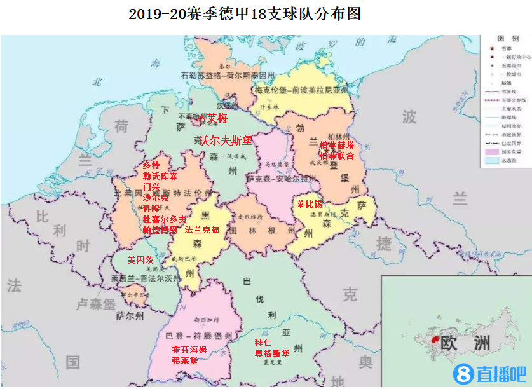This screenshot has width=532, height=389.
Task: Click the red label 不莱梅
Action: pos(213,119)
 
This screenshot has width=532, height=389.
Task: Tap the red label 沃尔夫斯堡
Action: pos(226,140)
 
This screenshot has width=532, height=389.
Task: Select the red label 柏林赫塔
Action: pos(337,145)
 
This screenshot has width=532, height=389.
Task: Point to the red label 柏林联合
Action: pos(337,156)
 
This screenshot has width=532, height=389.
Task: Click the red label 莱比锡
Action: pos(310,205)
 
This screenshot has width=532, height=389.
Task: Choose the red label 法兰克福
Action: pos(202,229)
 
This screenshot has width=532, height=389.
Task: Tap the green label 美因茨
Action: pos(140,260)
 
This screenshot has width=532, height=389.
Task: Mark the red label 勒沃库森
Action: pos(160,175)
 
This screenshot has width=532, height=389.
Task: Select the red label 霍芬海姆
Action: pos(189,350)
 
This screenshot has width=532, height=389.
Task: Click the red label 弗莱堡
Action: pos(184,360)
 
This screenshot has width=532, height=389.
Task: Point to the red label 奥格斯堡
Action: pos(271,353)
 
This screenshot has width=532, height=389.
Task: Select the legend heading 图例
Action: pos(505,39)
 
